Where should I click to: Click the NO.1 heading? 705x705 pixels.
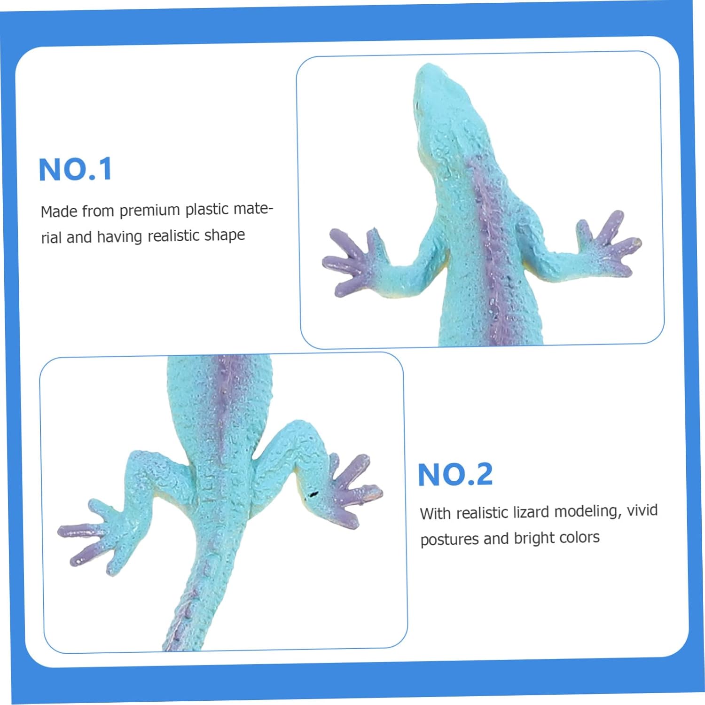click(x=75, y=169)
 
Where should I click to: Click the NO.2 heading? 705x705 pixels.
click(x=455, y=474)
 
